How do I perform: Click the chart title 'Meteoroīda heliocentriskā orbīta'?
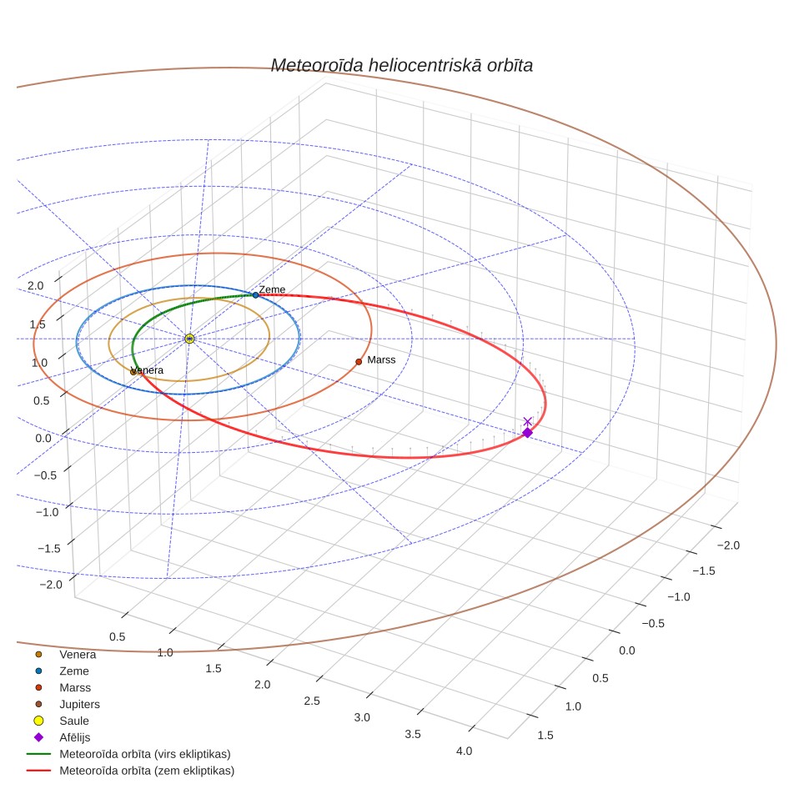pyautogui.click(x=401, y=66)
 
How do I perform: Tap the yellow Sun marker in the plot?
pyautogui.click(x=189, y=339)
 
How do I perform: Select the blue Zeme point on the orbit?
pyautogui.click(x=255, y=295)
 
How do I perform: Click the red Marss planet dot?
pyautogui.click(x=359, y=361)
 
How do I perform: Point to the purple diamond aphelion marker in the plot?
pyautogui.click(x=527, y=433)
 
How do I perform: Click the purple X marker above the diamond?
pyautogui.click(x=528, y=421)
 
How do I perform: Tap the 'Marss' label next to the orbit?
pyautogui.click(x=381, y=360)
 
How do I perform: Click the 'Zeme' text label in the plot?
pyautogui.click(x=272, y=289)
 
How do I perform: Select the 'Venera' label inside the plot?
pyautogui.click(x=147, y=370)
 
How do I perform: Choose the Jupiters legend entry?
pyautogui.click(x=79, y=704)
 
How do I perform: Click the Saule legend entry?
pyautogui.click(x=74, y=721)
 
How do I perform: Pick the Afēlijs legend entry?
pyautogui.click(x=74, y=737)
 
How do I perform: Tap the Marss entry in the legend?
pyautogui.click(x=75, y=687)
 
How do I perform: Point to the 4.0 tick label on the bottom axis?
pyautogui.click(x=464, y=751)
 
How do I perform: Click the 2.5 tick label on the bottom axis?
pyautogui.click(x=312, y=701)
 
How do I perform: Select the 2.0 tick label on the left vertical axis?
pyautogui.click(x=35, y=285)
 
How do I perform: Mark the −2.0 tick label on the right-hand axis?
pyautogui.click(x=728, y=545)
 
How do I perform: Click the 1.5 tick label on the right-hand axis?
pyautogui.click(x=545, y=736)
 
